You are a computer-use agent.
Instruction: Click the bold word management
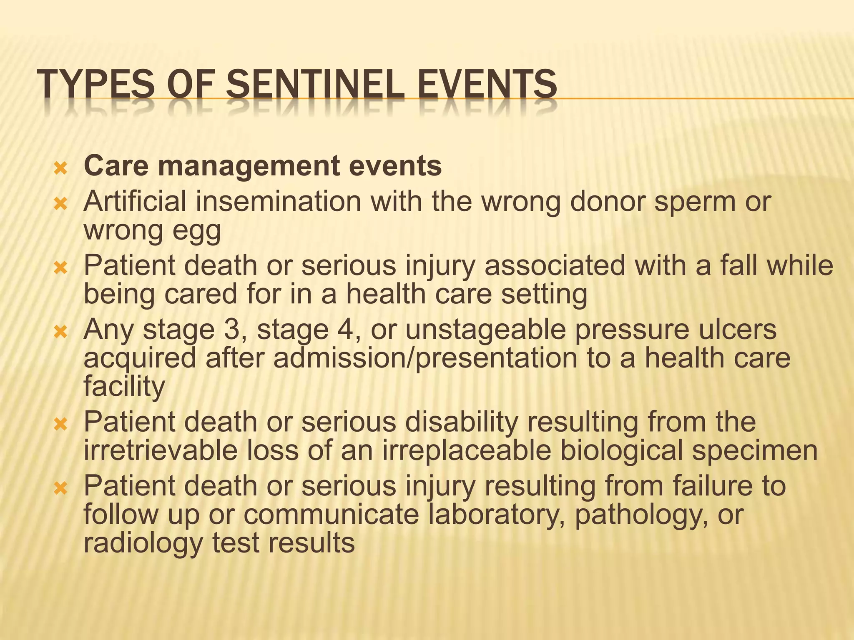coord(248,166)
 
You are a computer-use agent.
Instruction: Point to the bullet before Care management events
coord(61,169)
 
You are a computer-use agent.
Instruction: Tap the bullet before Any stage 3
coord(61,332)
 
